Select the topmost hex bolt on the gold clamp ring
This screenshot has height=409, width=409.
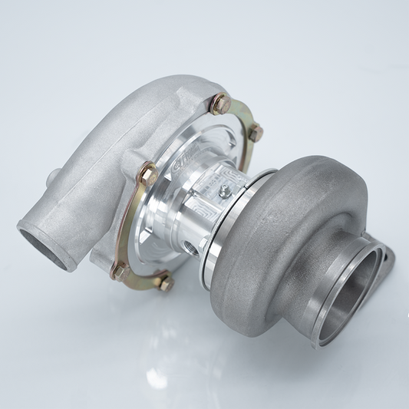(219, 102)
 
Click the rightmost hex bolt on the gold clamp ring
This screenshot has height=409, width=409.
(255, 132)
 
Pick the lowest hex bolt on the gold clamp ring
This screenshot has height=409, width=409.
(163, 282)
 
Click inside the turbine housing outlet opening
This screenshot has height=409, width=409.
(354, 285)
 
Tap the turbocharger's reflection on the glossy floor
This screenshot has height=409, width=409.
(230, 361)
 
